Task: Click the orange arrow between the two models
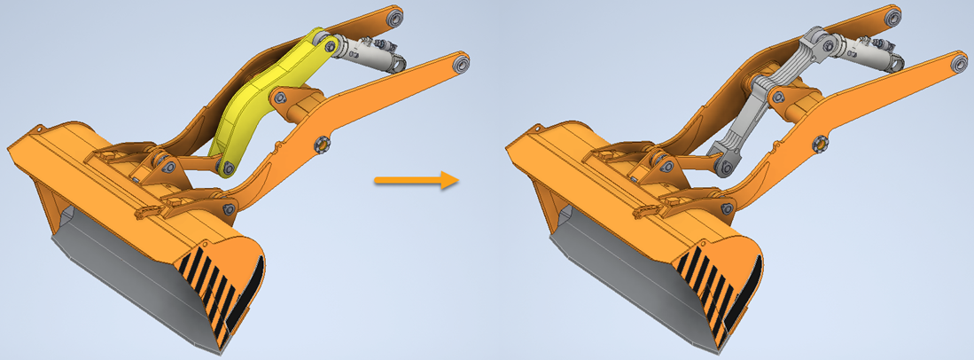click(415, 180)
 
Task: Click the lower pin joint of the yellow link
click(228, 166)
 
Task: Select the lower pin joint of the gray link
click(724, 166)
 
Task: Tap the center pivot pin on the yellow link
click(281, 97)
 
